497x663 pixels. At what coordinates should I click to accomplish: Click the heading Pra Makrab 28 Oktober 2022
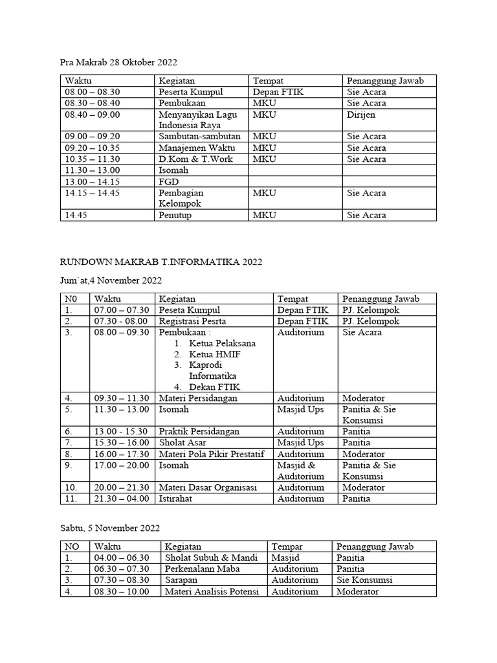118,63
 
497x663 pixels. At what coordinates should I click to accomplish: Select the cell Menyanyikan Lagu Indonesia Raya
197,120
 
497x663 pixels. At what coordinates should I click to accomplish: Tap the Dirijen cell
360,115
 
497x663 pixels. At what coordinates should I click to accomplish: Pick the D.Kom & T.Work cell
195,159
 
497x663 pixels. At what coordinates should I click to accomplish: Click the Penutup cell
175,216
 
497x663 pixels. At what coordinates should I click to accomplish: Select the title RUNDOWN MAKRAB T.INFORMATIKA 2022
161,262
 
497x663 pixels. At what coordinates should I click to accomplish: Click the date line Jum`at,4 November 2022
111,280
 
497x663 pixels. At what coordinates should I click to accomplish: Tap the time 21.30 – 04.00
122,499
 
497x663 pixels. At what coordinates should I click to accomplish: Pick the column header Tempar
287,546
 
